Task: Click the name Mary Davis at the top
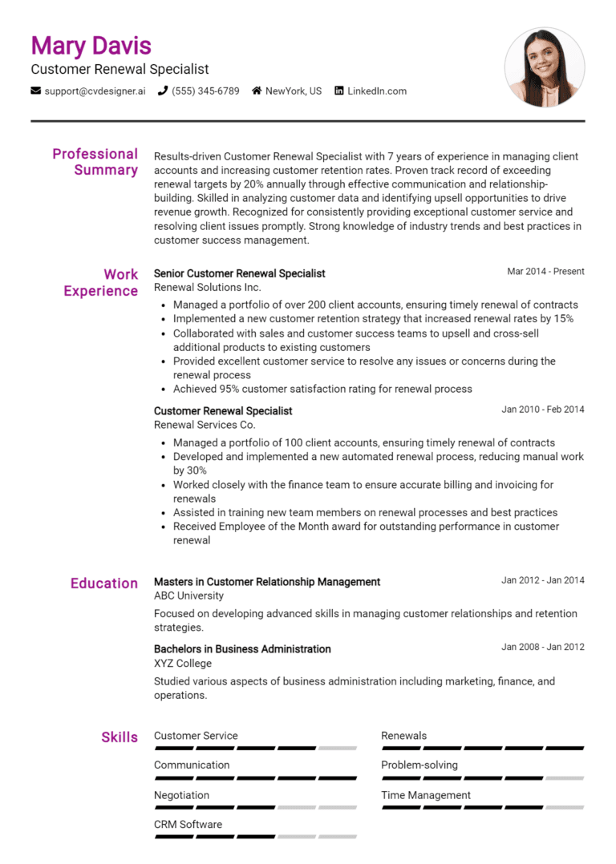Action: [91, 46]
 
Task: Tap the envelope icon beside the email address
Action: [36, 91]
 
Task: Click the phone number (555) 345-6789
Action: [205, 91]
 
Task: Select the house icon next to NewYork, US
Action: [257, 91]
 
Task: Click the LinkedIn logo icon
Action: [339, 91]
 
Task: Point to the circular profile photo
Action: [545, 67]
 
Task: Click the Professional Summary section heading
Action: [95, 162]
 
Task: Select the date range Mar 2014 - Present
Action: [545, 272]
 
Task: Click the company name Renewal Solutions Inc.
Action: [207, 287]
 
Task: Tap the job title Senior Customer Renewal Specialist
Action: [239, 273]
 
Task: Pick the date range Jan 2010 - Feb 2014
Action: [543, 410]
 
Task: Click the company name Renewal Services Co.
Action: [205, 425]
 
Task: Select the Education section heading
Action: [104, 583]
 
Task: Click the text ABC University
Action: [188, 596]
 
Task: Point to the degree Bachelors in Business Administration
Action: [242, 648]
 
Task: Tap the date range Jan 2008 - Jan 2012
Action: [543, 648]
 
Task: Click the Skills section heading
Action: [120, 737]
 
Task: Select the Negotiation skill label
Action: [181, 795]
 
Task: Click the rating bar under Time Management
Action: [482, 808]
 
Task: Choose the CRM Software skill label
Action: [188, 824]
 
